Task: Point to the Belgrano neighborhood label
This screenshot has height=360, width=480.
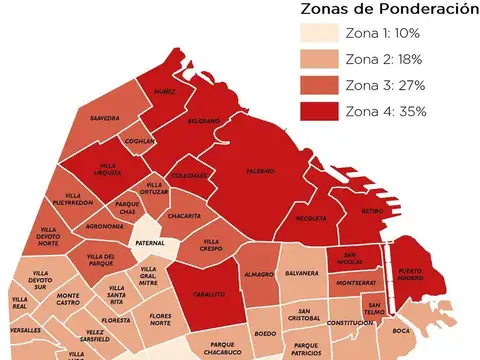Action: coord(204,121)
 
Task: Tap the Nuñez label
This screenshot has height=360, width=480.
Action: coord(164,91)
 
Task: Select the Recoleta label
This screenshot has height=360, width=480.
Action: coord(310,217)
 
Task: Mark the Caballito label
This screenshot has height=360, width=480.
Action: coord(209,294)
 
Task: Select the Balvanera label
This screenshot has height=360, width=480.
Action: coord(301,273)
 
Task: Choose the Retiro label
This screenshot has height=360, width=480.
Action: coord(372,211)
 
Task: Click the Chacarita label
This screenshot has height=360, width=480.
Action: coord(185,215)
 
